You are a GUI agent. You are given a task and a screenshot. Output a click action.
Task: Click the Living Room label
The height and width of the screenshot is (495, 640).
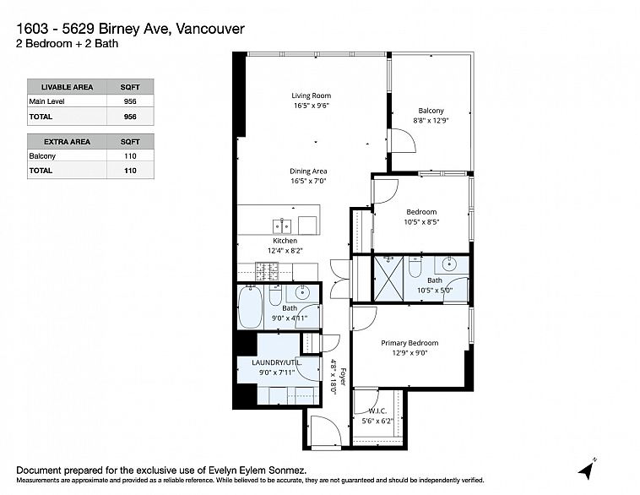point(312,95)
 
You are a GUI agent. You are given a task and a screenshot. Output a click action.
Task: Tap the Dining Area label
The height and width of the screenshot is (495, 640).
point(309,171)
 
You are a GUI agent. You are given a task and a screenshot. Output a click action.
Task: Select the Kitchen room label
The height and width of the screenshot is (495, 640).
point(284,240)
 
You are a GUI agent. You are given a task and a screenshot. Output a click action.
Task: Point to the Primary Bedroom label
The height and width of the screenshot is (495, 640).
point(409,342)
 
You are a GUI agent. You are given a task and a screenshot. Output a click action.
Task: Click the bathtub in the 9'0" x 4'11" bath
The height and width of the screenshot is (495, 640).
point(251,307)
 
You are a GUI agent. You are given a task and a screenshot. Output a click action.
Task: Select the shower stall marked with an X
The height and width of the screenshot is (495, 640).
point(389,278)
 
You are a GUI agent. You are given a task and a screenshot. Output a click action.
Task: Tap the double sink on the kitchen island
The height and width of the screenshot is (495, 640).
point(282,226)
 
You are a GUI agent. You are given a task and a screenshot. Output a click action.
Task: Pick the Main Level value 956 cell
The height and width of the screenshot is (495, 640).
point(129,101)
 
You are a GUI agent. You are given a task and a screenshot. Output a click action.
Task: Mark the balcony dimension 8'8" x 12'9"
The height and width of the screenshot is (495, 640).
point(431,121)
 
